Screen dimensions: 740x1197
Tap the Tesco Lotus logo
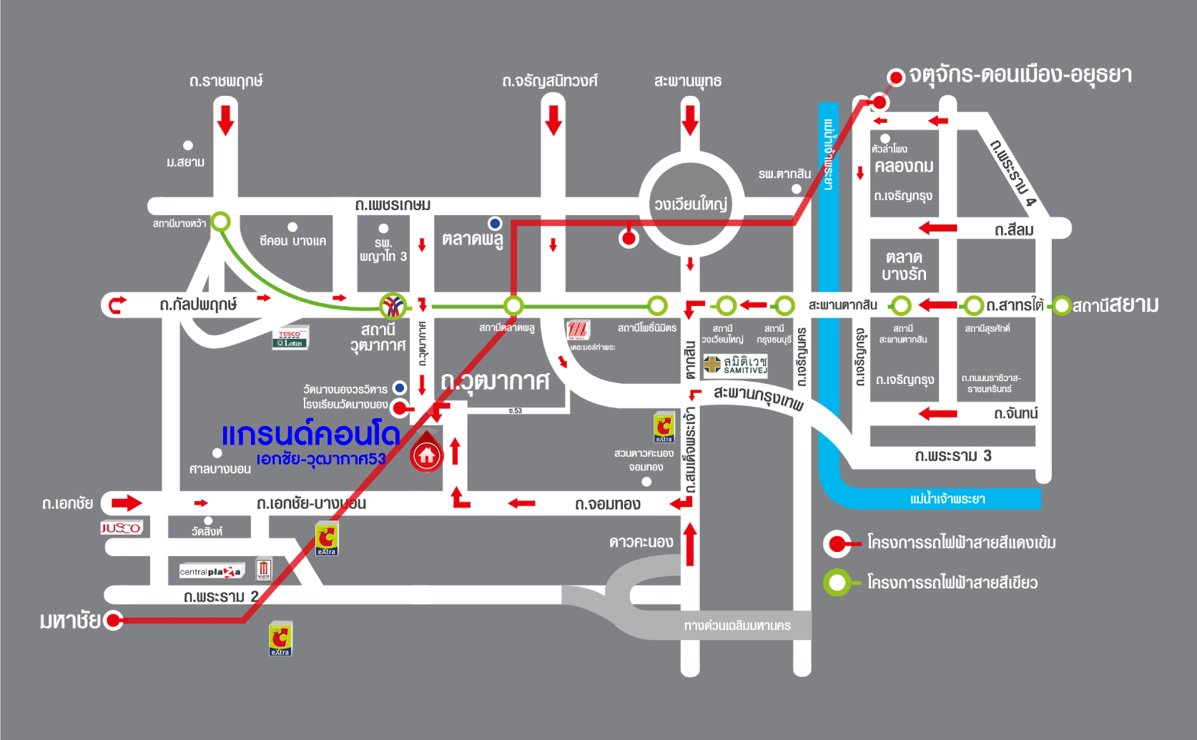[x=290, y=338]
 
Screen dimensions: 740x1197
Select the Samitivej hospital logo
[x=736, y=365]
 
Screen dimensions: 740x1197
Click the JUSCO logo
[x=122, y=528]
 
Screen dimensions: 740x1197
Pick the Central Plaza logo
[x=211, y=571]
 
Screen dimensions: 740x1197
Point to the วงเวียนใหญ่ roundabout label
[x=690, y=204]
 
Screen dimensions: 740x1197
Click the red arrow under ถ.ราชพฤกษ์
[x=225, y=119]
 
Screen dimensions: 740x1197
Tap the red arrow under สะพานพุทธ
[x=690, y=119]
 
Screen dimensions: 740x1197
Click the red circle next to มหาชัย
[x=114, y=620]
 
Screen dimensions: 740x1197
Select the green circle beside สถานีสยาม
[x=1062, y=306]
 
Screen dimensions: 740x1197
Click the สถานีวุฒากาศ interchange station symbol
[x=393, y=306]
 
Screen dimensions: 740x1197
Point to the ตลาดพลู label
[x=473, y=239]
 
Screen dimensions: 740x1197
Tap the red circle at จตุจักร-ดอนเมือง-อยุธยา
[x=896, y=77]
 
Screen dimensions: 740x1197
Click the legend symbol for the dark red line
[x=837, y=543]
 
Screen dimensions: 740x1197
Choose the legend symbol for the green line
[x=837, y=583]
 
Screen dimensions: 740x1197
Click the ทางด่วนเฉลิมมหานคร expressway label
[x=737, y=626]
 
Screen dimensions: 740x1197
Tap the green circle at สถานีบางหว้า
[x=221, y=221]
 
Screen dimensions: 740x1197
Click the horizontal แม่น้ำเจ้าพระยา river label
[x=947, y=499]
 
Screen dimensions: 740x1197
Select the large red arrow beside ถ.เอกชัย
[x=127, y=503]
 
